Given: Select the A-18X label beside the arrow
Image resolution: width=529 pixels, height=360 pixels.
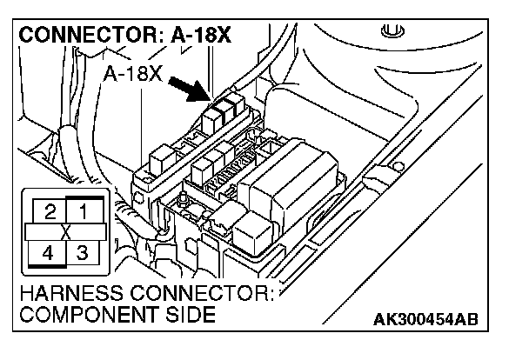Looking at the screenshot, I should [x=133, y=75].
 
